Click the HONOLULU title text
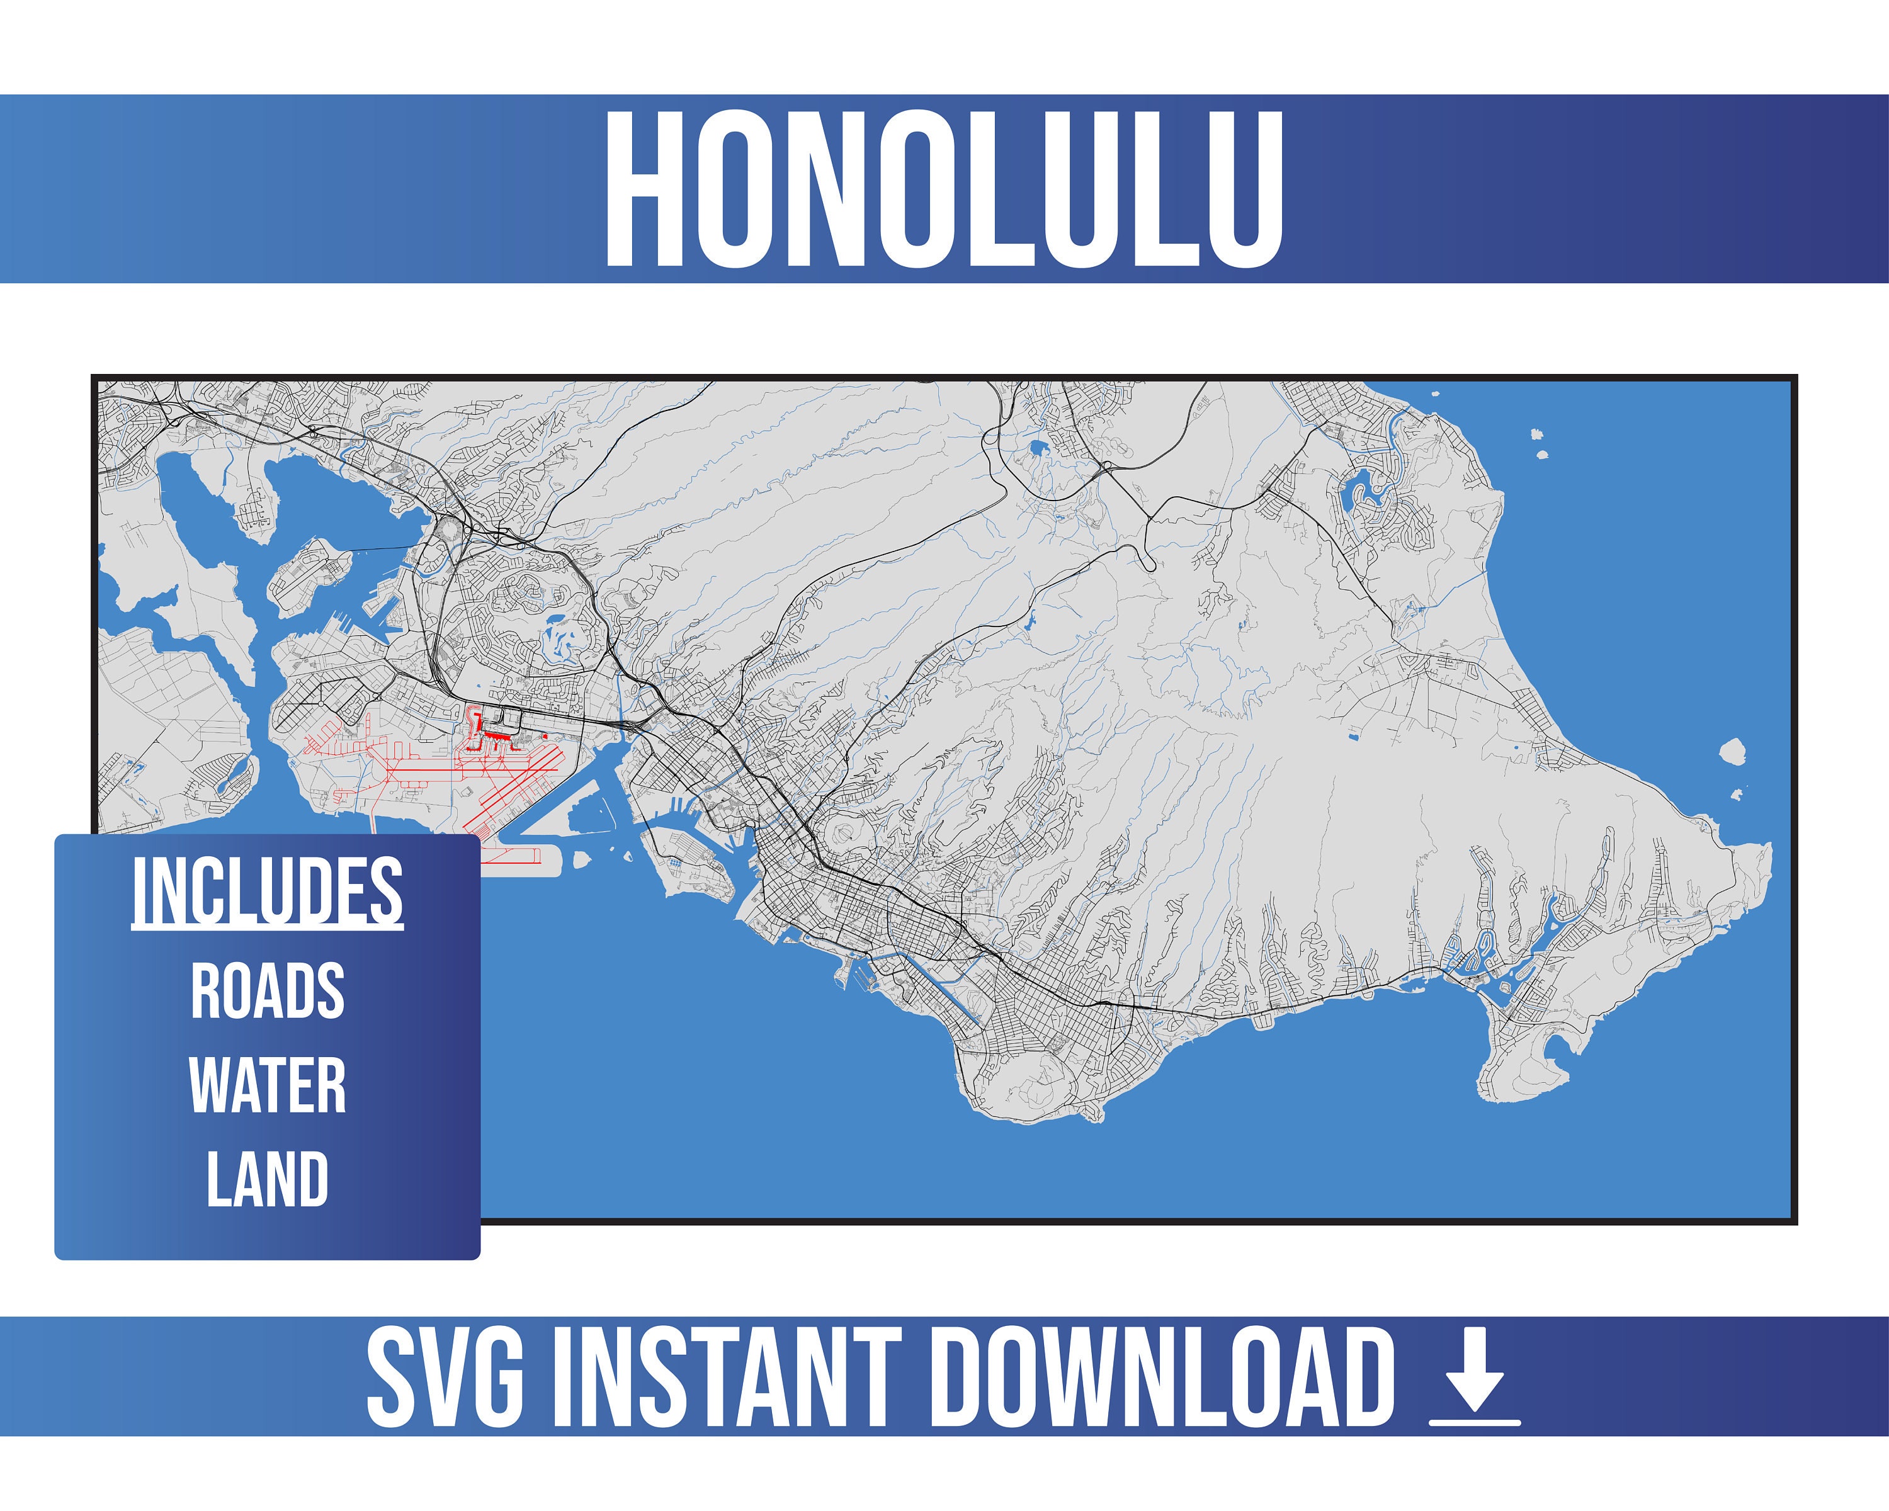[x=944, y=190]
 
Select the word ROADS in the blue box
[x=267, y=991]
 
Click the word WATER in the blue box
[x=267, y=1085]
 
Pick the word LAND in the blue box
[x=267, y=1179]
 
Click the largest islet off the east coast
[x=1732, y=750]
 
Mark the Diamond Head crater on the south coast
[x=1039, y=1076]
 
